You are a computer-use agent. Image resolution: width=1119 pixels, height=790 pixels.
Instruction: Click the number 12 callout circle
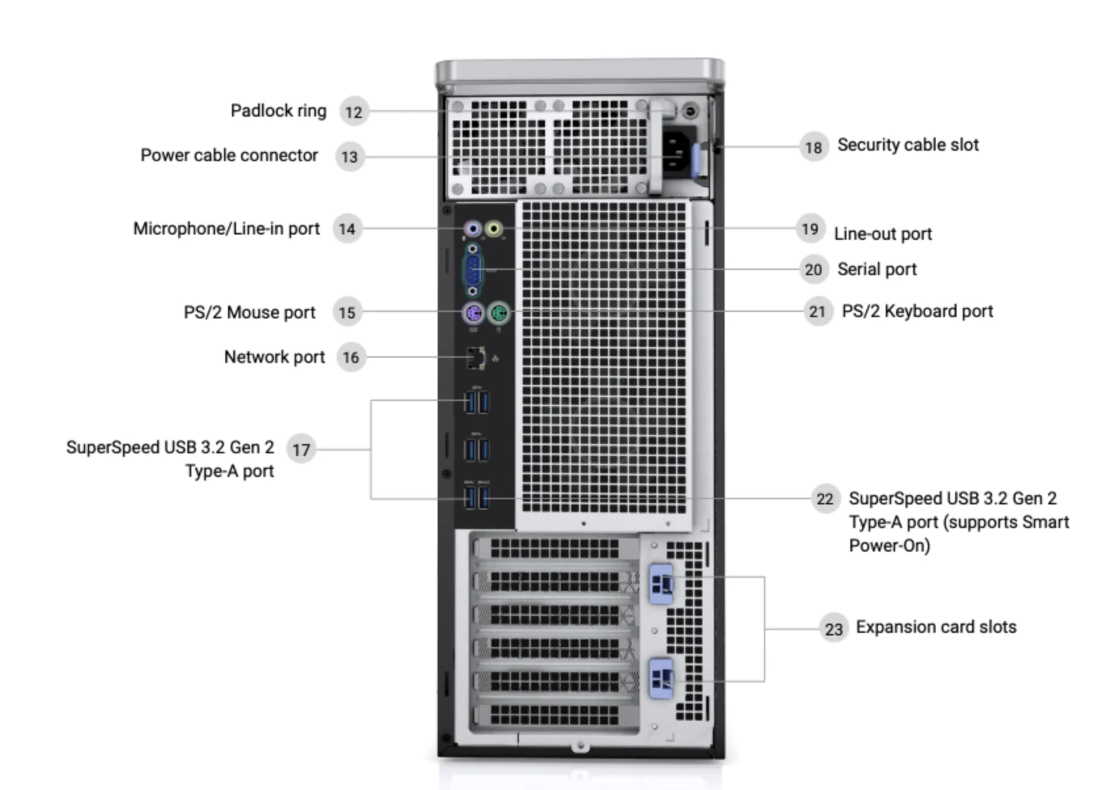pyautogui.click(x=354, y=112)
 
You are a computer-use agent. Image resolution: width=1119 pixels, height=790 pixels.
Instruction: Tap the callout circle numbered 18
pyautogui.click(x=813, y=147)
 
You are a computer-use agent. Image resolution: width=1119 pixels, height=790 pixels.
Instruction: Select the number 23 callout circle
pyautogui.click(x=833, y=629)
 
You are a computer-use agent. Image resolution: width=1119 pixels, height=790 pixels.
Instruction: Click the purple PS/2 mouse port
pyautogui.click(x=473, y=313)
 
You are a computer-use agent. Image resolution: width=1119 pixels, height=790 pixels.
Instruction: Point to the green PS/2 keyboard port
pyautogui.click(x=499, y=313)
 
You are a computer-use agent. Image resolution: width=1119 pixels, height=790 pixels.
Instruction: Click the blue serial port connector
pyautogui.click(x=473, y=270)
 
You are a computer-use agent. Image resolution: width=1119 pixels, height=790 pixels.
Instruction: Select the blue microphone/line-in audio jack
pyautogui.click(x=472, y=229)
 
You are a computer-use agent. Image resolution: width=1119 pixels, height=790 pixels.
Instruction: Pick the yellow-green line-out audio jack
pyautogui.click(x=494, y=229)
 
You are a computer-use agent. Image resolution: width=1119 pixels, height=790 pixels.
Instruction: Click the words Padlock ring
pyautogui.click(x=278, y=111)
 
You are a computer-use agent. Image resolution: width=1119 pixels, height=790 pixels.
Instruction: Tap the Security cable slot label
pyautogui.click(x=907, y=145)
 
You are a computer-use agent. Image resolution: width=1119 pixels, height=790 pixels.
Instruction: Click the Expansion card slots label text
pyautogui.click(x=936, y=627)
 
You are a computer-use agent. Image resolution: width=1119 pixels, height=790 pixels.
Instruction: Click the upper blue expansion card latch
pyautogui.click(x=661, y=583)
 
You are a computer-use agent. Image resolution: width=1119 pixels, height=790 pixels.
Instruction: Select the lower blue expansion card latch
pyautogui.click(x=661, y=679)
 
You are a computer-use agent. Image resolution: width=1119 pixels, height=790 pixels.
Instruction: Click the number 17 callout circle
pyautogui.click(x=301, y=449)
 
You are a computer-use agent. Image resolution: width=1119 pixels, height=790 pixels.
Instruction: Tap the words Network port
pyautogui.click(x=274, y=357)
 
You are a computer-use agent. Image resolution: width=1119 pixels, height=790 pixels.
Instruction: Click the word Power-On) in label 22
pyautogui.click(x=889, y=546)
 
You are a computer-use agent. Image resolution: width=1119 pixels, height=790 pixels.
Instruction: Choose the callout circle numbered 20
pyautogui.click(x=813, y=269)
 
